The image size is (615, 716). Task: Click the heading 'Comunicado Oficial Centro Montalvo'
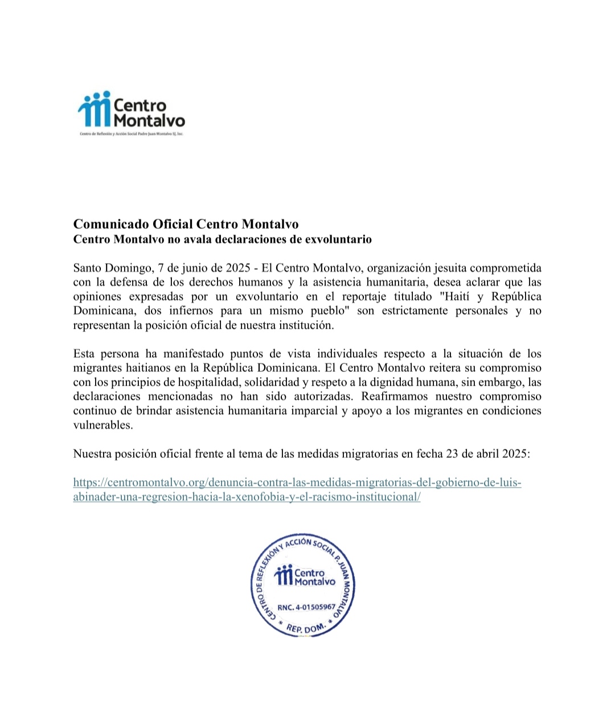click(186, 224)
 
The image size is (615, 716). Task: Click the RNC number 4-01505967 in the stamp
click(306, 607)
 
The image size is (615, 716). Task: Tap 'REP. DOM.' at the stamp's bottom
click(305, 628)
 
